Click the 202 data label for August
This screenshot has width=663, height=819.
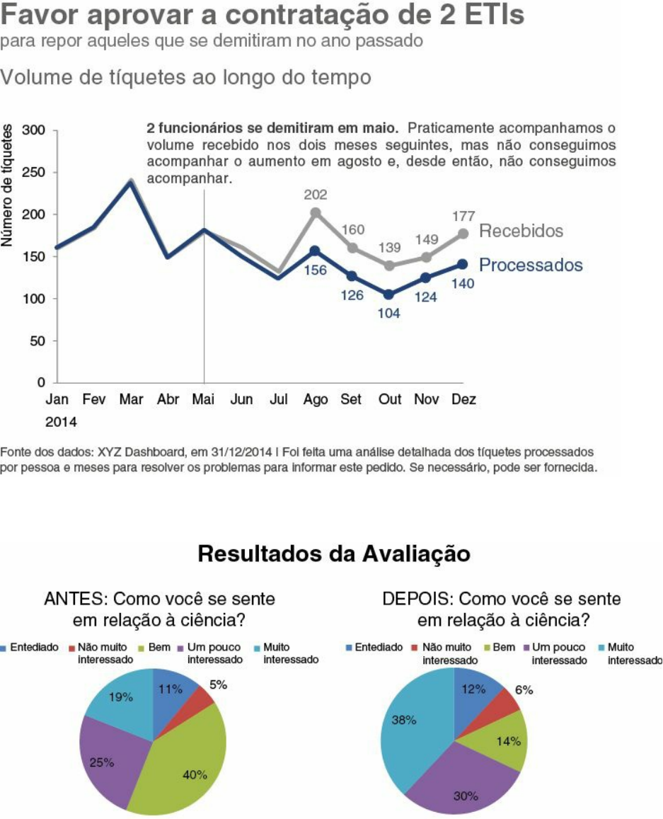[316, 194]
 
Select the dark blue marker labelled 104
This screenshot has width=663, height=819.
[388, 294]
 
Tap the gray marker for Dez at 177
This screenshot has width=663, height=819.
[463, 234]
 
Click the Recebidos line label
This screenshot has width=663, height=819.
[521, 231]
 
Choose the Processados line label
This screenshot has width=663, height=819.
[531, 265]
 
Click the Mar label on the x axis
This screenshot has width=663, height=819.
[131, 400]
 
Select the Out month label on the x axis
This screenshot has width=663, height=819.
[389, 400]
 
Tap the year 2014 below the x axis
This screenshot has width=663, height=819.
[61, 422]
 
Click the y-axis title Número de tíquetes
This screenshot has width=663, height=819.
[8, 185]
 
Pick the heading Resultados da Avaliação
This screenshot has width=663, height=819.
[333, 554]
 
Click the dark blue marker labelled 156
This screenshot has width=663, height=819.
[315, 251]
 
